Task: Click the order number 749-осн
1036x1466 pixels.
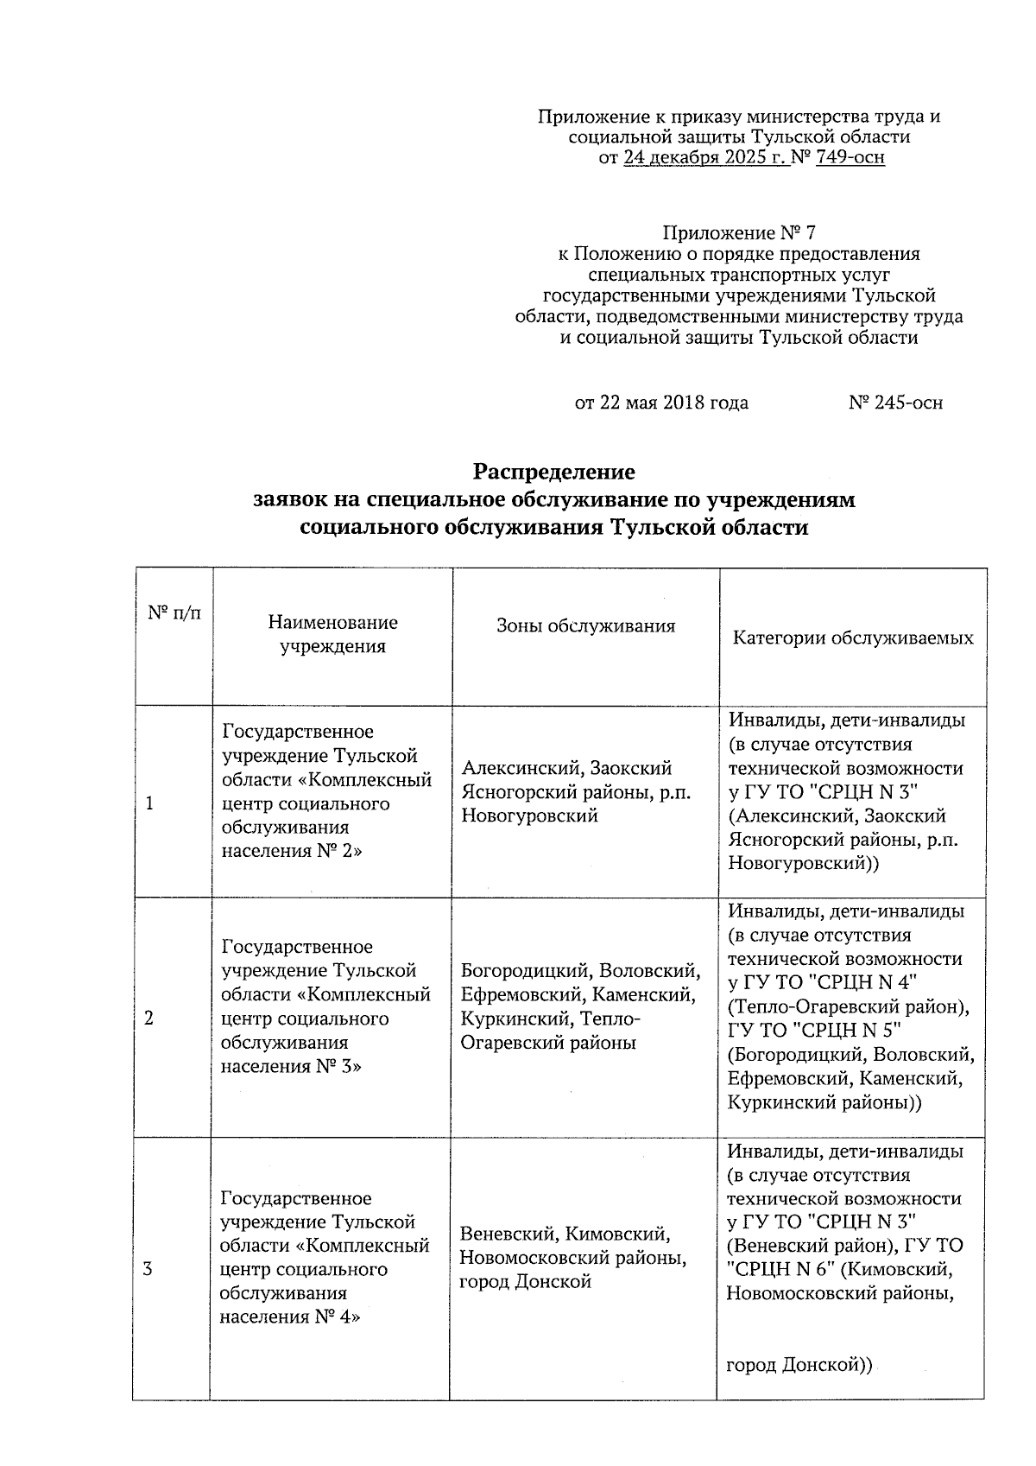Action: [x=850, y=158]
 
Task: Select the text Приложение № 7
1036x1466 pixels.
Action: [x=738, y=233]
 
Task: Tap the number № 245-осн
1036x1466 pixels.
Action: [x=895, y=403]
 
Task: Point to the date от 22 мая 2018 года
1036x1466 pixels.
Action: [x=661, y=403]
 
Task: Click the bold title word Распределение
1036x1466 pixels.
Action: [x=553, y=472]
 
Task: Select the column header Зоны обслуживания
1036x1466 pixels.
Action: [x=585, y=626]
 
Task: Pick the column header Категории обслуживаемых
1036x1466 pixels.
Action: [x=853, y=638]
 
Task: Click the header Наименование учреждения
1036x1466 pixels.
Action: [x=332, y=634]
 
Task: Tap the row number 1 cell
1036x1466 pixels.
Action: [x=150, y=803]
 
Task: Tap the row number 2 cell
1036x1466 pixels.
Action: [x=149, y=1019]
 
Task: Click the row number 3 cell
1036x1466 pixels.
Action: [x=148, y=1269]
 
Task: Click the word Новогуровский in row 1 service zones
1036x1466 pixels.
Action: [x=529, y=816]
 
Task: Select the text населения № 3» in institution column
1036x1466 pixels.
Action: [x=291, y=1066]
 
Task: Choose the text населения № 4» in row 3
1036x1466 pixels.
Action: [x=290, y=1317]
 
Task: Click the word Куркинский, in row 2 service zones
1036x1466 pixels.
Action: [x=517, y=1019]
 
